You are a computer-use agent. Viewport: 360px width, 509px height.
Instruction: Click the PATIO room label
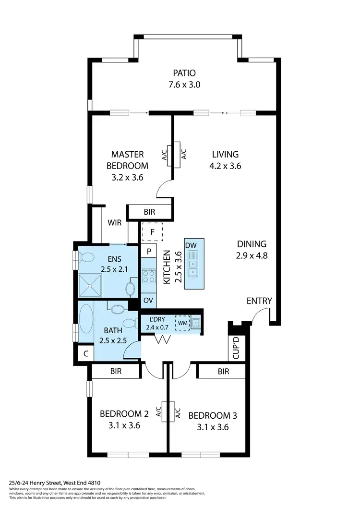(x=185, y=73)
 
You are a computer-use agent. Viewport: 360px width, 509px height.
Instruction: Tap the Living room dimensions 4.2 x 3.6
(x=225, y=166)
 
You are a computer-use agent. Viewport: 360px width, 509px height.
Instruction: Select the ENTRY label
(x=259, y=301)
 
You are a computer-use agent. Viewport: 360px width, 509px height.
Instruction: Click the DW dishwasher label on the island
(x=191, y=245)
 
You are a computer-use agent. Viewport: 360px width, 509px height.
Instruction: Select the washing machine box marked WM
(x=182, y=323)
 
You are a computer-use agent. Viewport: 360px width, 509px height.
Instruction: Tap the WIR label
(x=115, y=223)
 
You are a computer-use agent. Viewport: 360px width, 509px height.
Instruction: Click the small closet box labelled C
(x=86, y=354)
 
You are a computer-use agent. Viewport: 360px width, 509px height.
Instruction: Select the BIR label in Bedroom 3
(x=223, y=371)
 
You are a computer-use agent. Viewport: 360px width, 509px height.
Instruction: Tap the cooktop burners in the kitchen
(x=149, y=276)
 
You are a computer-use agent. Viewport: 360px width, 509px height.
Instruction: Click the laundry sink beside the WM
(x=195, y=323)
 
